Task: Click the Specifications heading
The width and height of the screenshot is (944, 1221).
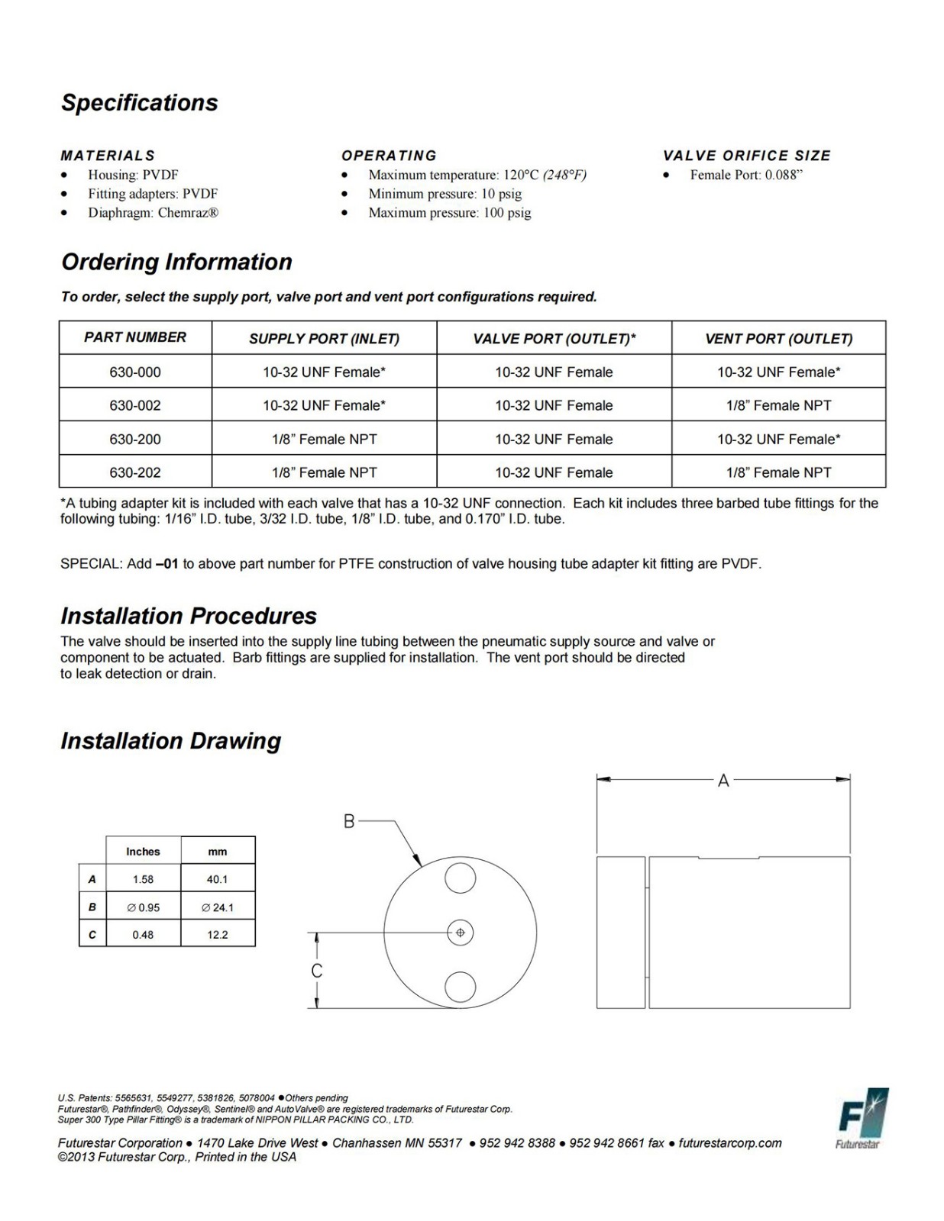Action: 140,103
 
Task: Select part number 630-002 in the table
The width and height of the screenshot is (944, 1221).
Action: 135,405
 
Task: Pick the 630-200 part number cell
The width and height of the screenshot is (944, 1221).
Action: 135,439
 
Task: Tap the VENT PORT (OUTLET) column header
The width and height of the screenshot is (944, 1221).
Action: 778,338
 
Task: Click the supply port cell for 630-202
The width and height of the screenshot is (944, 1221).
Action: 324,472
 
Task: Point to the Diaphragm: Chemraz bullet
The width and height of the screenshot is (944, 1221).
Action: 153,213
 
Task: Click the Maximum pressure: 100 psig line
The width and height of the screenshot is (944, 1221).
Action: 449,213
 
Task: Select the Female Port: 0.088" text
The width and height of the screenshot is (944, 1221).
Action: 745,175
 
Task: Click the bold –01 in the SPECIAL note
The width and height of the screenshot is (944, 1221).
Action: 166,564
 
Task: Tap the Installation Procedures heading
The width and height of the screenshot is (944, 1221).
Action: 189,616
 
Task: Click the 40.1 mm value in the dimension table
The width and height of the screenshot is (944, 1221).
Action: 217,879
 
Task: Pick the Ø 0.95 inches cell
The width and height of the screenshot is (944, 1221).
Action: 143,907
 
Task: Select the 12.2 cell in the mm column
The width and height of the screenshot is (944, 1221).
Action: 217,935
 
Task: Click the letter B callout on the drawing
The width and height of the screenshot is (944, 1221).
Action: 348,821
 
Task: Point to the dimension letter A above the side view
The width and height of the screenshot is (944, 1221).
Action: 723,781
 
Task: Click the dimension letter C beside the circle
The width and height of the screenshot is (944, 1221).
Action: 316,971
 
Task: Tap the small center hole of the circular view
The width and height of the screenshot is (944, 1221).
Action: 460,933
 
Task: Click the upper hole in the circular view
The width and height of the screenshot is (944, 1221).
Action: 460,878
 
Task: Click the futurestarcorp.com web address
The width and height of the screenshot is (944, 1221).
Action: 730,1143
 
